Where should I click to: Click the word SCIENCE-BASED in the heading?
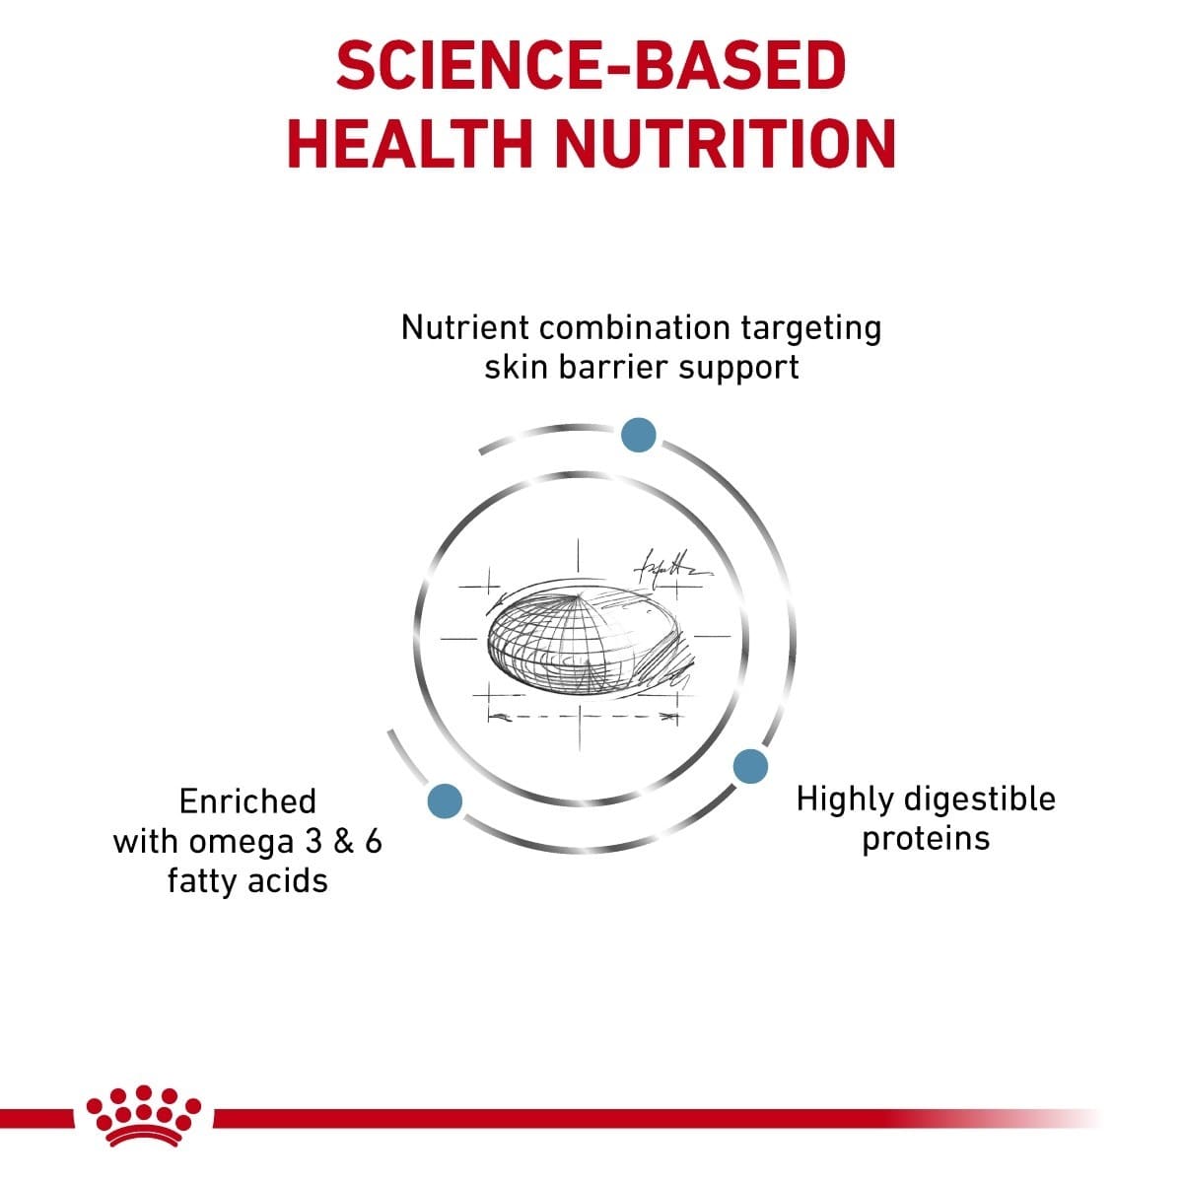pos(591,66)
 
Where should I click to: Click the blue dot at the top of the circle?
pos(638,435)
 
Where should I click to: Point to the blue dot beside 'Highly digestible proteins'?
pos(750,766)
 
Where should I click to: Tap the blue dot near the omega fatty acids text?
pos(445,800)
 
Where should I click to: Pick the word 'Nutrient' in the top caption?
pos(465,326)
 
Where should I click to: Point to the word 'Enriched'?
pos(247,800)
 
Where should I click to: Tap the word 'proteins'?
pos(925,840)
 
